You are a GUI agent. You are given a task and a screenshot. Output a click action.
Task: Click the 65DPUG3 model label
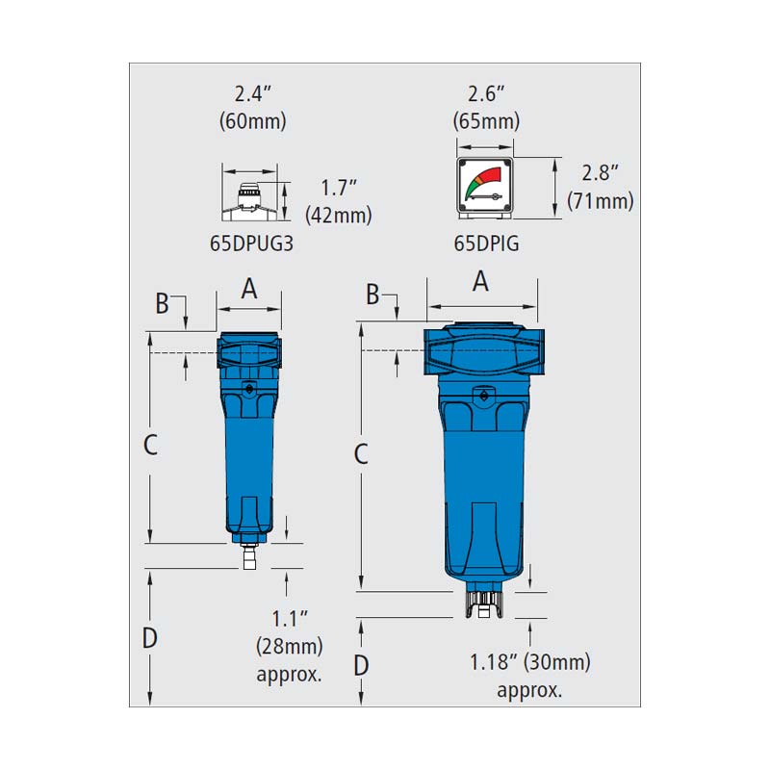point(251,244)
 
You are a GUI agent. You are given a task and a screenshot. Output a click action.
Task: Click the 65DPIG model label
point(486,244)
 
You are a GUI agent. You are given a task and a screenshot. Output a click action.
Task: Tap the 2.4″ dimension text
point(253,93)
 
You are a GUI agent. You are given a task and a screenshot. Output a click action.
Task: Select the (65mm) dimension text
point(486,121)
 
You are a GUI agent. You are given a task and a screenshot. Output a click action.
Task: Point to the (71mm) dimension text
point(600,201)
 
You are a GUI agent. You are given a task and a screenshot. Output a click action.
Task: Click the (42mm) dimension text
point(339,215)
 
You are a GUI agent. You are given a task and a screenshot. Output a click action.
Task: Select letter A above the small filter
point(249,288)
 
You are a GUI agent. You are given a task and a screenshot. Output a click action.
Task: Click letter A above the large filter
point(480,281)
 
